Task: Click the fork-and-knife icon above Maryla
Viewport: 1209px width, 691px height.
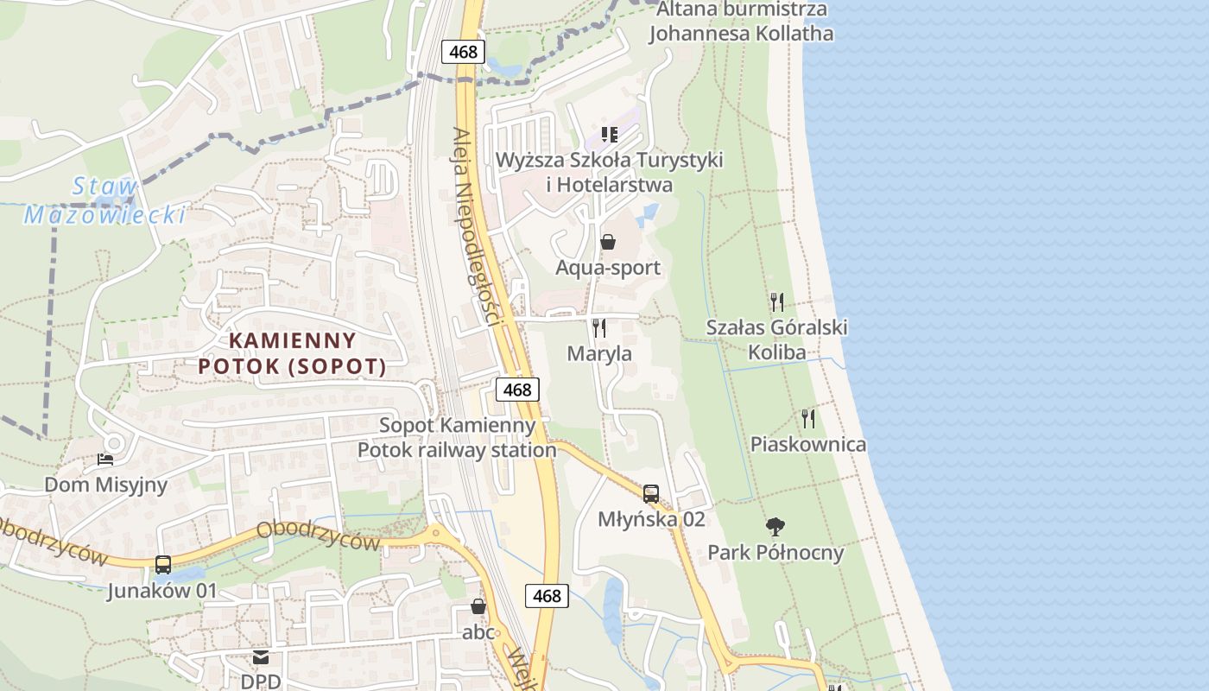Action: [599, 328]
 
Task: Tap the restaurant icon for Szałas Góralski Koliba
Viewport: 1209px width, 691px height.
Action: [777, 302]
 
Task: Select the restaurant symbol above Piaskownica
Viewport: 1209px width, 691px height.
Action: [808, 419]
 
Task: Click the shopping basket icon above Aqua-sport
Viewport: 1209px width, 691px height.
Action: [608, 242]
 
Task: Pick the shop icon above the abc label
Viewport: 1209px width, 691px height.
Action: [478, 607]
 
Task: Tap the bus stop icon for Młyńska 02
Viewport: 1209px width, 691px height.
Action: [651, 494]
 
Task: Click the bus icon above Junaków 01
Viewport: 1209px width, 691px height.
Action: [163, 566]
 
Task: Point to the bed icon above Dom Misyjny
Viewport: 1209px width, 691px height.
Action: [105, 460]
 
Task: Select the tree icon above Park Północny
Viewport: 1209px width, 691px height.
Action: [775, 526]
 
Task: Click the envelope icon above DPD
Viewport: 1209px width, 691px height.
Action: [261, 658]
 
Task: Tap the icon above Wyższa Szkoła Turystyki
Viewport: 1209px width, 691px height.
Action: [610, 135]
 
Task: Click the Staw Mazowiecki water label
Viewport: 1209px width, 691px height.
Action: [104, 201]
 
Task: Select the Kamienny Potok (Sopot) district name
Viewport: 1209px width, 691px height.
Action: [292, 353]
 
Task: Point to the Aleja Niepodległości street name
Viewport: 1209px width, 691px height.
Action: [477, 226]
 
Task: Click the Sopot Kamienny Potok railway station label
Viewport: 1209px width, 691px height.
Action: [457, 438]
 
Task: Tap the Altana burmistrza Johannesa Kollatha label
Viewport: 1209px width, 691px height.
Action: [741, 22]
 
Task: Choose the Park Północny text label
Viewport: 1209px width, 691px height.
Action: [775, 553]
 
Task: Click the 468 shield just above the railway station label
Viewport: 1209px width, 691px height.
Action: [517, 390]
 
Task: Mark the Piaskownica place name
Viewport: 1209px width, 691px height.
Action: [807, 445]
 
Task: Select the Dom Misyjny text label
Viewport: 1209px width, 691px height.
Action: [105, 485]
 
